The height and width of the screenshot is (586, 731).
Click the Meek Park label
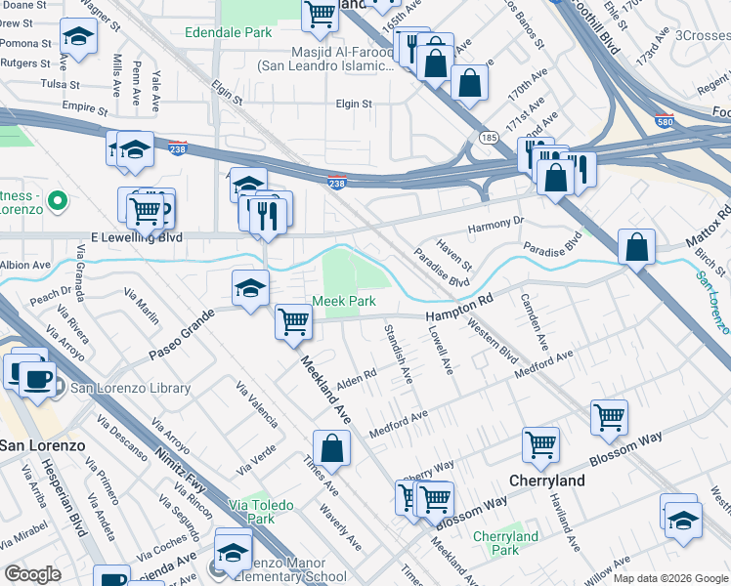(x=344, y=302)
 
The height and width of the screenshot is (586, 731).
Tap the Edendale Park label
(x=228, y=32)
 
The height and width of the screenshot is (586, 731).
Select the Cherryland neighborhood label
(x=546, y=481)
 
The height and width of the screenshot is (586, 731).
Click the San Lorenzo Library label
(x=122, y=388)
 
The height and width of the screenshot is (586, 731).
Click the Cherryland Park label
(x=505, y=543)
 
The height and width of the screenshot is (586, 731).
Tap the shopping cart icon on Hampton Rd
(x=293, y=320)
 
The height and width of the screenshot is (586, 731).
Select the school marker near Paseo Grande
(x=250, y=287)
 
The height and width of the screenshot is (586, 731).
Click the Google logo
(x=32, y=574)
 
